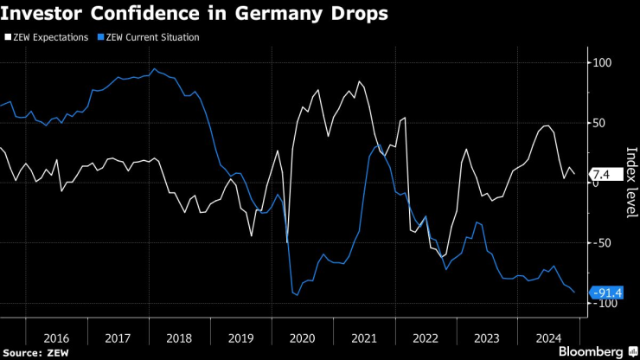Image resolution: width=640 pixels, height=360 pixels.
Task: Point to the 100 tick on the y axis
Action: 600,63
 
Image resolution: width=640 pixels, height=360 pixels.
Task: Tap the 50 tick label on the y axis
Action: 598,123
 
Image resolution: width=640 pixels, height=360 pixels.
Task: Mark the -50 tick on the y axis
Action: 600,243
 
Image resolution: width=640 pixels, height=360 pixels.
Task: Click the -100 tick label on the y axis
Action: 602,303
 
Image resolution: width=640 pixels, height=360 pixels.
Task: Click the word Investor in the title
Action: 43,15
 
